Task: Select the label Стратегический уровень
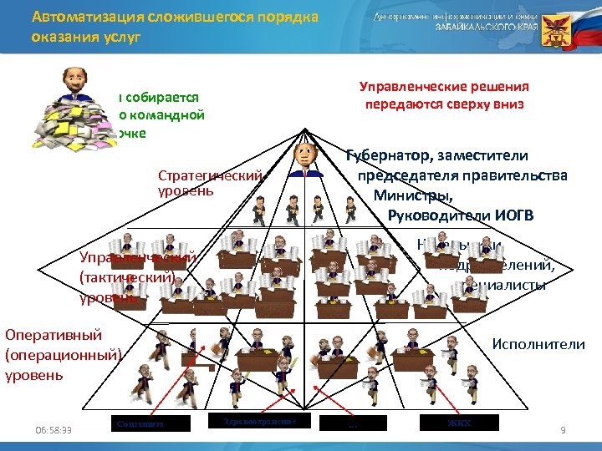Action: (210, 184)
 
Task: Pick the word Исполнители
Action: (538, 343)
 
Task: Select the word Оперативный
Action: (54, 335)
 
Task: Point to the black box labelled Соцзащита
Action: (150, 423)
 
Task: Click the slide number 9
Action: (563, 430)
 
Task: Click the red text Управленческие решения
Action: (443, 86)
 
